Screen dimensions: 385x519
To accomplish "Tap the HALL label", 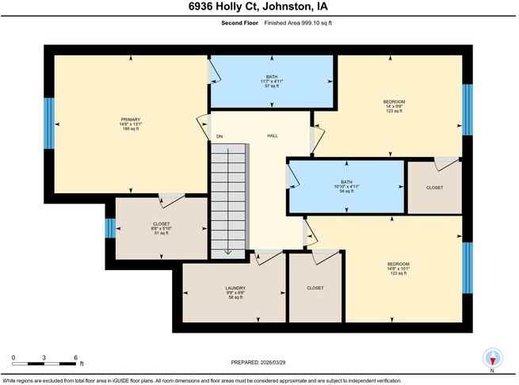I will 271,135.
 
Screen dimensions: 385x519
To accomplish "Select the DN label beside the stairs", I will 219,137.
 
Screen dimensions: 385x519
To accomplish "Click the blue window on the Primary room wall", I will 48,123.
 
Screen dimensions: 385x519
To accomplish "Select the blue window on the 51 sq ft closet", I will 110,228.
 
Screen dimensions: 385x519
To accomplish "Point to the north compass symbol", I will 493,358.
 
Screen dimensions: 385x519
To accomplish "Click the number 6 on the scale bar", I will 74,357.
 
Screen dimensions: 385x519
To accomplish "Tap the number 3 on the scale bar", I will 44,357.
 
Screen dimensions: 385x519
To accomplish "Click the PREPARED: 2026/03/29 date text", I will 258,364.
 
